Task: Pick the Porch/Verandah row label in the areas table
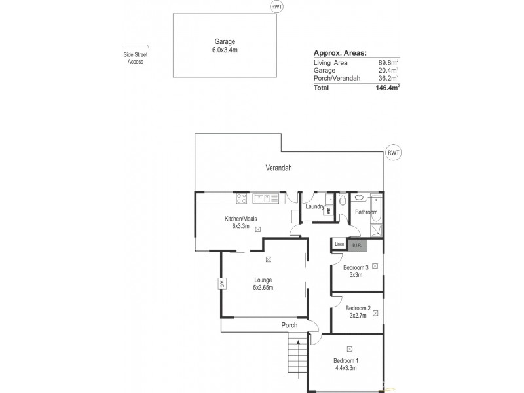pyautogui.click(x=337, y=78)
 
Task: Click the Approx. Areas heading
pyautogui.click(x=340, y=53)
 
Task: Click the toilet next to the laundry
pyautogui.click(x=342, y=200)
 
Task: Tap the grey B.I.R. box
pyautogui.click(x=356, y=245)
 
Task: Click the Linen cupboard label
pyautogui.click(x=339, y=245)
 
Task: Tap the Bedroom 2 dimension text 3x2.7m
pyautogui.click(x=358, y=316)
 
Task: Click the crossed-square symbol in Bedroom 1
pyautogui.click(x=349, y=349)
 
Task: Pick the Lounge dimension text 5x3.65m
pyautogui.click(x=263, y=288)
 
